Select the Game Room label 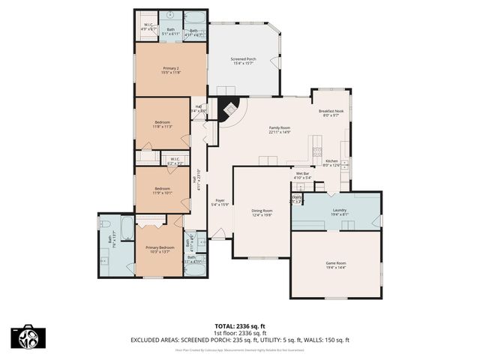click(335, 262)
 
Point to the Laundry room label click(339, 209)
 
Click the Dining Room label click(262, 210)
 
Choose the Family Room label click(280, 127)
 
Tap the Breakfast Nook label click(331, 111)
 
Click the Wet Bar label click(303, 173)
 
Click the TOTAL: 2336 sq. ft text click(240, 325)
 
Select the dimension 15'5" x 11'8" click(171, 73)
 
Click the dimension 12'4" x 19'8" click(262, 214)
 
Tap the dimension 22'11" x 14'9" click(280, 132)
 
